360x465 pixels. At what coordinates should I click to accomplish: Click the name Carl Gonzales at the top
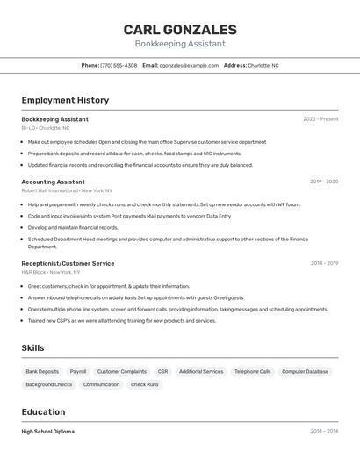180,30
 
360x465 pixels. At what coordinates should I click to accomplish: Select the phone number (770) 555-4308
119,65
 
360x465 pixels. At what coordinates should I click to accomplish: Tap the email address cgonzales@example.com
189,65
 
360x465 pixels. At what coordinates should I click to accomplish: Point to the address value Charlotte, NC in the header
263,65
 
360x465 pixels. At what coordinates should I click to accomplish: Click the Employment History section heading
65,101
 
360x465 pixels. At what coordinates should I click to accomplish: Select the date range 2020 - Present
320,119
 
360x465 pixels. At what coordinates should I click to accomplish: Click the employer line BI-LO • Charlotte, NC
46,128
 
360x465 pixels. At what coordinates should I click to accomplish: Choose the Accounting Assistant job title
53,182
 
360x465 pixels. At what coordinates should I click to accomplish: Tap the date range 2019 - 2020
324,182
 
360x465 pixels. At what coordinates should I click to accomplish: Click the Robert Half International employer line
67,190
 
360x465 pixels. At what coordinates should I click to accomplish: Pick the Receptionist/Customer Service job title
68,263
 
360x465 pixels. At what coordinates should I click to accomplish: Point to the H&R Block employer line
51,272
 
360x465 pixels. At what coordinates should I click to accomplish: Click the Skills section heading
32,348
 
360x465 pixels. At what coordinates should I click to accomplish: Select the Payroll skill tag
78,371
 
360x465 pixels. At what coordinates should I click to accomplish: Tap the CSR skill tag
162,371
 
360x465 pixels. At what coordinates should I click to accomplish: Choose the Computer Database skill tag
305,371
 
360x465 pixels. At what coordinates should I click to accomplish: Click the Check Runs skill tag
145,384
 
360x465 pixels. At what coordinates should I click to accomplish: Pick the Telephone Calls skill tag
253,371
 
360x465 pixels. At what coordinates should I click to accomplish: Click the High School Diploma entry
48,432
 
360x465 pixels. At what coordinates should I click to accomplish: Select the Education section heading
43,412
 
